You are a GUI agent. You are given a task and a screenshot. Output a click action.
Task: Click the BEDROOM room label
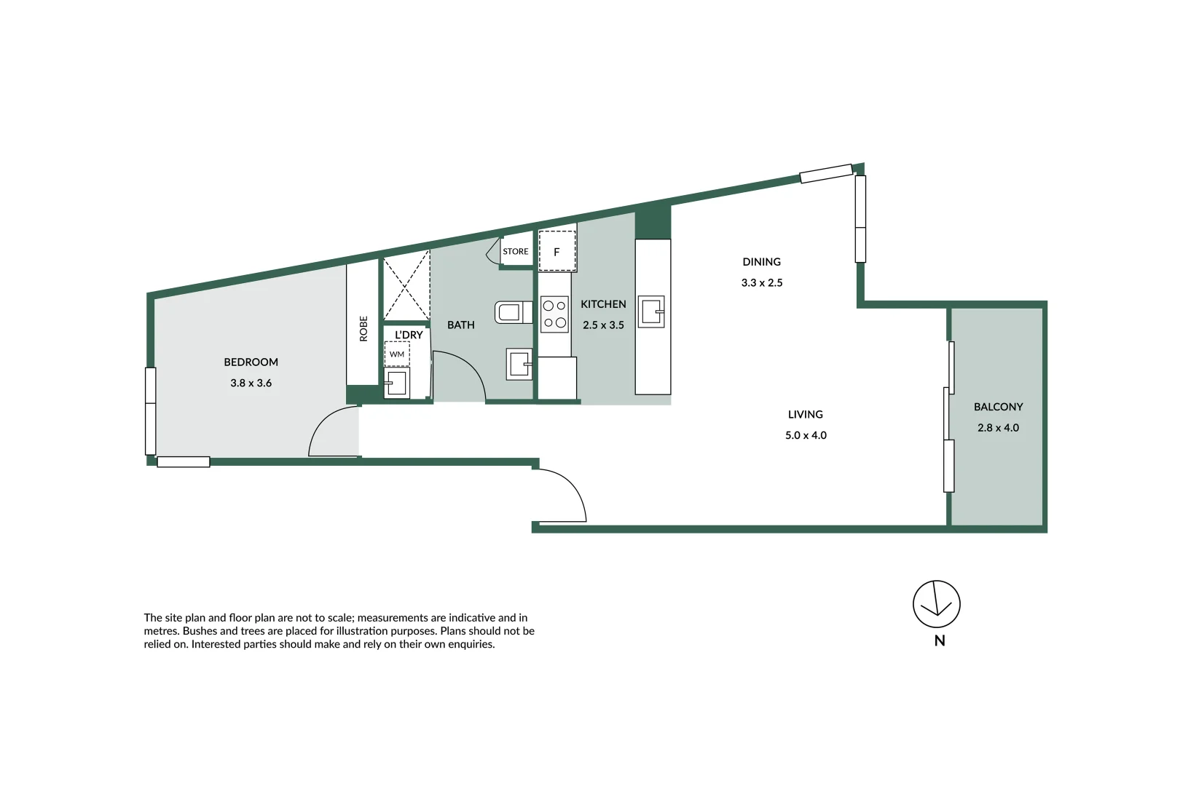coord(251,362)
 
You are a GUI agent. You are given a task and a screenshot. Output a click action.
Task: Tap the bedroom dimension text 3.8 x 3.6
coord(251,383)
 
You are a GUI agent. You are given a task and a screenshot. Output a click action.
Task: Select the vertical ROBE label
coord(363,328)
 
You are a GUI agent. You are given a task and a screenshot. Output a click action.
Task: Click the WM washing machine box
coord(397,354)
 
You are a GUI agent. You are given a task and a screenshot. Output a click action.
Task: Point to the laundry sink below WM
coord(397,382)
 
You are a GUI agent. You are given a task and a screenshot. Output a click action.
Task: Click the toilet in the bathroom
coord(512,312)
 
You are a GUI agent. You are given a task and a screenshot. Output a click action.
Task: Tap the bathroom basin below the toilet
coord(519,364)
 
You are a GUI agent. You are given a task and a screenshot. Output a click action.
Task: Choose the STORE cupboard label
coord(516,252)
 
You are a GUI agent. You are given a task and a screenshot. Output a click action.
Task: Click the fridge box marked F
coord(556,252)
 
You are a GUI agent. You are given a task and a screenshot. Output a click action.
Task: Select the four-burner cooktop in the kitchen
coord(554,314)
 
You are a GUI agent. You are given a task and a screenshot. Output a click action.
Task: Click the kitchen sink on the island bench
coord(651,311)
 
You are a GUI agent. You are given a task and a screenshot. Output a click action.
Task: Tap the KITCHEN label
coord(603,304)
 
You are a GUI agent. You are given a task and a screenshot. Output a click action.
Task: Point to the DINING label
coord(761,262)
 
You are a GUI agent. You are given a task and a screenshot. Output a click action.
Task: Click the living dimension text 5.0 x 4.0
coord(806,435)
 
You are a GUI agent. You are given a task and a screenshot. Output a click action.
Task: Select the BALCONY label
coord(998,407)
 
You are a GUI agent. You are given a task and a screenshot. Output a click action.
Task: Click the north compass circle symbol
coord(936,604)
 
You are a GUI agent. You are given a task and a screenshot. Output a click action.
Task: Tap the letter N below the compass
coord(940,641)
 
